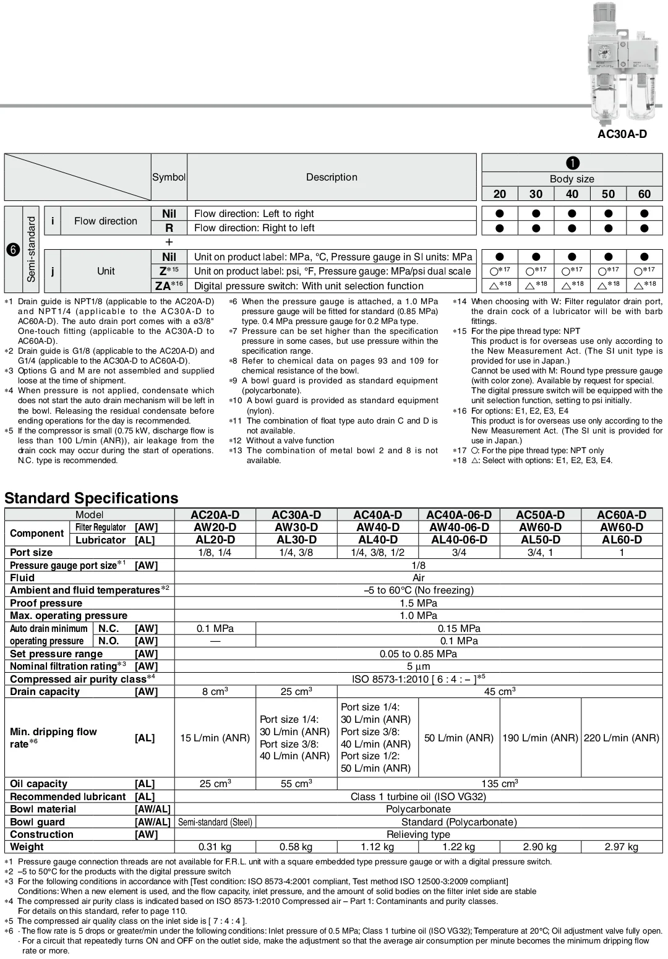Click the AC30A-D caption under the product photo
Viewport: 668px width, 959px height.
(622, 134)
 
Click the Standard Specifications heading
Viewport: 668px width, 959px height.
(91, 498)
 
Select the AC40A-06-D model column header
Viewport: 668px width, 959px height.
(458, 514)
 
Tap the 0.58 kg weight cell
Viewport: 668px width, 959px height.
(296, 846)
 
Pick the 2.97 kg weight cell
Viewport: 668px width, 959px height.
(621, 846)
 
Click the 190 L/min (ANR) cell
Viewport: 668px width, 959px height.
(540, 738)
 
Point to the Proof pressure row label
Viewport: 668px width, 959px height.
(46, 603)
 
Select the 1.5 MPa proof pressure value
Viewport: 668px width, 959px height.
(418, 603)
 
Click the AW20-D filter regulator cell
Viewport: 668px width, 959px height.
(215, 527)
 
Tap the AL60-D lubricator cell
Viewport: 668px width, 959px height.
(621, 540)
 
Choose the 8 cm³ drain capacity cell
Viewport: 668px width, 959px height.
(215, 691)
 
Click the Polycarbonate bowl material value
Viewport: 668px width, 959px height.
(418, 809)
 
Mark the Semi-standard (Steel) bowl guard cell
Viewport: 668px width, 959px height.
(215, 822)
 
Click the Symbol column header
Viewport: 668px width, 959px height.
(169, 177)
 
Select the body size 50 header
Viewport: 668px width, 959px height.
(608, 194)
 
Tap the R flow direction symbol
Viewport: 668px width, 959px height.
(169, 228)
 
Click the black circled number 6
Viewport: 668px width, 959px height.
(13, 250)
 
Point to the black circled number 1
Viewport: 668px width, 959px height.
(572, 163)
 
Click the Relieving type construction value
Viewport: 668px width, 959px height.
(418, 834)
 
